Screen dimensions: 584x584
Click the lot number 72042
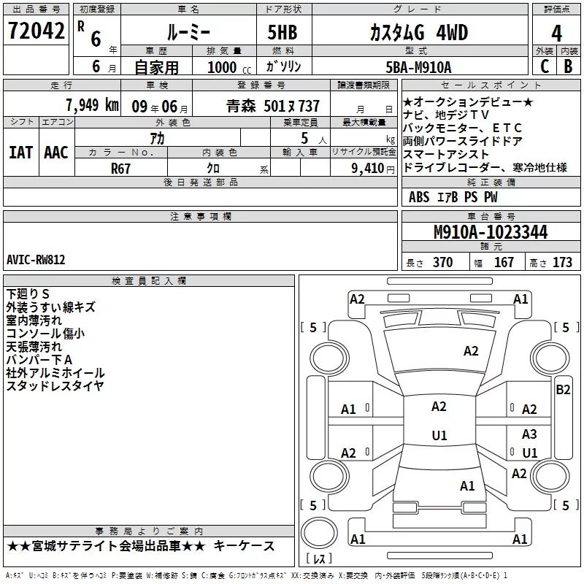click(36, 31)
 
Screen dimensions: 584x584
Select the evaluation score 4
click(557, 33)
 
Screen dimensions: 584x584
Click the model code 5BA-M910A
click(418, 66)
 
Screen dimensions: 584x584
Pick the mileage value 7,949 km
click(91, 104)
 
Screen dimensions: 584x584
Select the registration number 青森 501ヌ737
click(273, 105)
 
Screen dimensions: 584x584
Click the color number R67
click(121, 168)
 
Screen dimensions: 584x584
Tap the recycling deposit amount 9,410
click(367, 168)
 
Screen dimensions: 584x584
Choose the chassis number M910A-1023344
click(490, 233)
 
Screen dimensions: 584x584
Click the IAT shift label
click(20, 152)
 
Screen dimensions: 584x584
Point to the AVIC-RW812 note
click(36, 259)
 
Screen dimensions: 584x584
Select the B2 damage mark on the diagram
click(563, 389)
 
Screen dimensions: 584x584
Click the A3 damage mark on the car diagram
click(529, 434)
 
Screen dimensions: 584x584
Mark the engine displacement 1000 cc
click(222, 66)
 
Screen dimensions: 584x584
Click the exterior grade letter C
click(544, 66)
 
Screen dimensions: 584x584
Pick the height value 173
click(562, 263)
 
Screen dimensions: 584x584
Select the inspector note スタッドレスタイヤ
click(55, 386)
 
